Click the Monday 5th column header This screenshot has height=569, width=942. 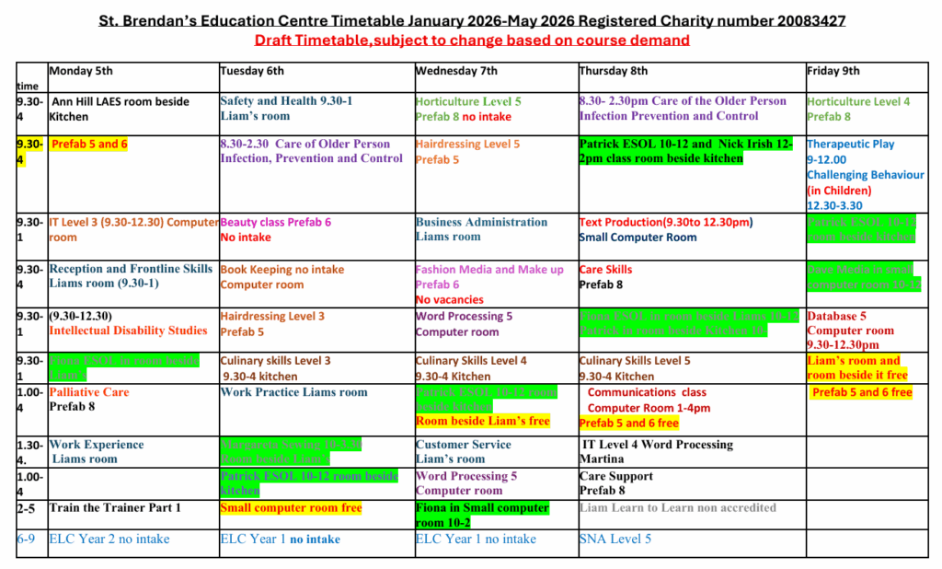click(81, 72)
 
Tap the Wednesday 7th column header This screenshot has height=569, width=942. click(456, 72)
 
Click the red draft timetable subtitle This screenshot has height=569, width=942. click(472, 40)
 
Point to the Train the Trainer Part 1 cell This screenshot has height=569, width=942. click(115, 508)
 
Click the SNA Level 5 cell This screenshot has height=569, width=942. click(615, 540)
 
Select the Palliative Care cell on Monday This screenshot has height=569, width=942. click(89, 399)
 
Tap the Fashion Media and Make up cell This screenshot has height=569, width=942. click(489, 284)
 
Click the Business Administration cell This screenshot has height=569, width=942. click(481, 229)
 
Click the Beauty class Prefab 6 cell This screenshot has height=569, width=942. click(275, 229)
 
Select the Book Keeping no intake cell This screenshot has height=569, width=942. click(281, 277)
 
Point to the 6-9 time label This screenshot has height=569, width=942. click(26, 540)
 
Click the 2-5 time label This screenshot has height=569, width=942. click(26, 508)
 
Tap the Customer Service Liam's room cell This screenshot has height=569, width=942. click(463, 451)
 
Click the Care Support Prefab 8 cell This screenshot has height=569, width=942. click(616, 483)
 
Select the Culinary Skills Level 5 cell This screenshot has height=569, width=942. click(635, 368)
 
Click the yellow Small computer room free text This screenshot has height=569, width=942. click(291, 508)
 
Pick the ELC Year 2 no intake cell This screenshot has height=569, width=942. click(109, 540)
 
